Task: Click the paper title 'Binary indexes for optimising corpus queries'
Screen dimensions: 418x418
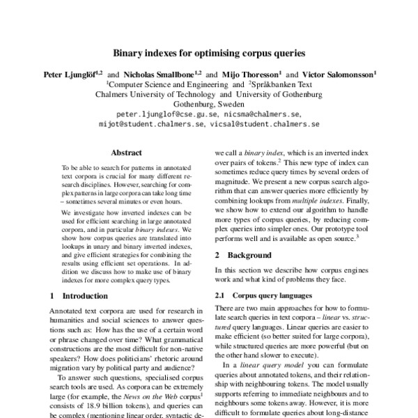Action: pyautogui.click(x=209, y=52)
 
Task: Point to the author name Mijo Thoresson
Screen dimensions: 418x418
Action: pyautogui.click(x=249, y=72)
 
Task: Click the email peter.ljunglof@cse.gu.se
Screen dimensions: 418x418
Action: pyautogui.click(x=167, y=113)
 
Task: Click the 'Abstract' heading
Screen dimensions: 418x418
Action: pyautogui.click(x=127, y=153)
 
